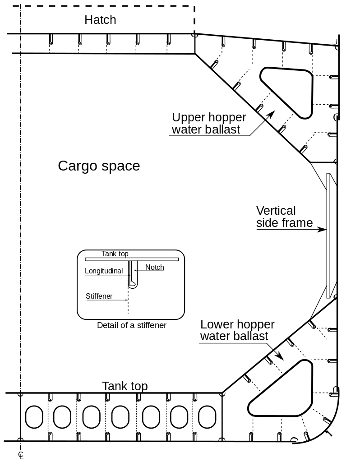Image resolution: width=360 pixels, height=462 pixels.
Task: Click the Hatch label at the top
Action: coord(100,20)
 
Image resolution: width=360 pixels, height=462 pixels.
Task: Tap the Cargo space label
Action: coord(99,166)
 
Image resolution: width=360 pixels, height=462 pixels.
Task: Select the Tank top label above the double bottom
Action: coord(125,386)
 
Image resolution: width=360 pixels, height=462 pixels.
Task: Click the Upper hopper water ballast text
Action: coord(209,124)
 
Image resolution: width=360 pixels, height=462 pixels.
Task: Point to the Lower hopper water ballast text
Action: coord(237,330)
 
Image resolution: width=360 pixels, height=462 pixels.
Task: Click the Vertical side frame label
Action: coord(284,217)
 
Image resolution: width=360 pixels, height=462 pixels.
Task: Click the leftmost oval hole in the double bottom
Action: coord(33,416)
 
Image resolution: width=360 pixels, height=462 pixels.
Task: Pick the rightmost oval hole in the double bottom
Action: coord(208,416)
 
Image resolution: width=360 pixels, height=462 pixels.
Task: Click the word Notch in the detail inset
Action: coord(155,268)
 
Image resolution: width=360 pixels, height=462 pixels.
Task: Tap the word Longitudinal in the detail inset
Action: coord(104,271)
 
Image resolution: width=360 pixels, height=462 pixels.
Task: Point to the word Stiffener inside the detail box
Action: coord(99,296)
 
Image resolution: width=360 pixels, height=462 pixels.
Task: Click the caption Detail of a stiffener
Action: coord(131,325)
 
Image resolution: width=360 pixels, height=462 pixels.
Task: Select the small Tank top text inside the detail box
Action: coord(115,254)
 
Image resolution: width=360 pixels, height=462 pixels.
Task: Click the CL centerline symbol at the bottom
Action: coord(21,455)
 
